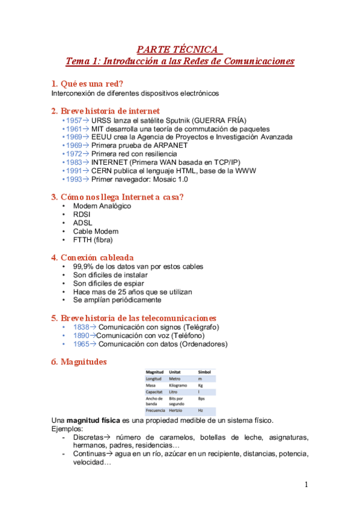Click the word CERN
(103, 170)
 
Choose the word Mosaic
(161, 179)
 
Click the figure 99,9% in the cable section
(84, 266)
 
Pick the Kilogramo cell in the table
(177, 385)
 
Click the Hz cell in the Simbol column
(201, 410)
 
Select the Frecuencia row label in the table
(155, 410)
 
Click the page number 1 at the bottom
(306, 485)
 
